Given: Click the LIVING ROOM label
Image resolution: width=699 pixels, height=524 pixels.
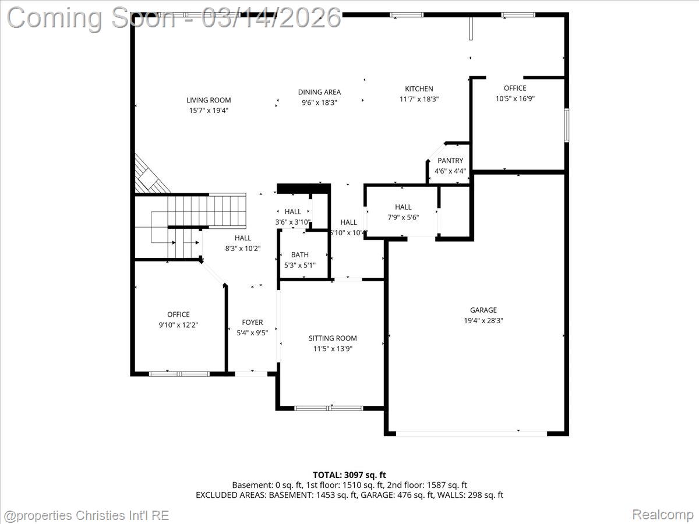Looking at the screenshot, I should tap(209, 100).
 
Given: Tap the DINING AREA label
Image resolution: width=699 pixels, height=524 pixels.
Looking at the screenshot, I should tap(319, 92).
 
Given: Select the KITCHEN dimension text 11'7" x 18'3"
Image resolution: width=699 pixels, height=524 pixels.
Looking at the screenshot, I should tap(419, 99).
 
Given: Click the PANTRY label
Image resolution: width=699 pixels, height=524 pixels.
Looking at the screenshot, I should tap(450, 161).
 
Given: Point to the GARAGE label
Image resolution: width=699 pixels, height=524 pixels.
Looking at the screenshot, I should tap(483, 310).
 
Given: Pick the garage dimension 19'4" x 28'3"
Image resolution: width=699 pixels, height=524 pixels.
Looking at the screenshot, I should tap(483, 320).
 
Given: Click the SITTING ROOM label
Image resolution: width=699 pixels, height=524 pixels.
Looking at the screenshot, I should tap(333, 338).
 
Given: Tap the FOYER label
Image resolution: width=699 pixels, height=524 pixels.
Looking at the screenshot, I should tap(252, 323).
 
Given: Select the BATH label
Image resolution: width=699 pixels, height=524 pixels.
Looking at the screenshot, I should tap(300, 255).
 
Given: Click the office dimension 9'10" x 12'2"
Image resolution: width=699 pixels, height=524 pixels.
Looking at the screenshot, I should tap(178, 325).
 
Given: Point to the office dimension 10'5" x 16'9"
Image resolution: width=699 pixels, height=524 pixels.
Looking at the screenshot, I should tap(515, 98).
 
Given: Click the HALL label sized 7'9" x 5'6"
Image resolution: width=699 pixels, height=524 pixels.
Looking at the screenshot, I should tap(403, 207).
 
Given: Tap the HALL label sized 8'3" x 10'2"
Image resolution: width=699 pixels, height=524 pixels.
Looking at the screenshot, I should tap(243, 238).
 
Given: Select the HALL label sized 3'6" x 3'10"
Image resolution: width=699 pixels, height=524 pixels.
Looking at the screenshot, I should tap(293, 212).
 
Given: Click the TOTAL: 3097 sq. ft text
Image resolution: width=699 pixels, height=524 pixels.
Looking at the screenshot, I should tap(349, 475).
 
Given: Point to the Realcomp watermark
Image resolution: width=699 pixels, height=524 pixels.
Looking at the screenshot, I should tap(662, 515).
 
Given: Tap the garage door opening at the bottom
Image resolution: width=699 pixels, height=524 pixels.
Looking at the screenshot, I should tap(471, 433).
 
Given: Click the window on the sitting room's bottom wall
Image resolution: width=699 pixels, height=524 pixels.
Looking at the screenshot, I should tap(329, 408).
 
